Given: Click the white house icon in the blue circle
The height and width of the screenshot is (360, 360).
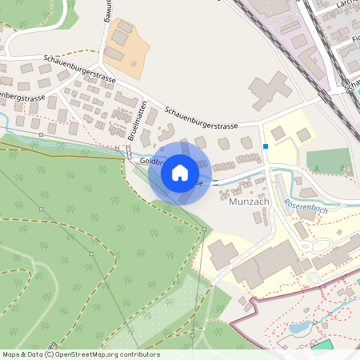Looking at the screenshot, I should pos(180,173).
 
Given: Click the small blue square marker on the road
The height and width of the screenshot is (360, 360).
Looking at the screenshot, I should pos(266,146).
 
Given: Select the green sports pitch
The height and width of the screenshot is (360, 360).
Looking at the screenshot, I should pos(329,161).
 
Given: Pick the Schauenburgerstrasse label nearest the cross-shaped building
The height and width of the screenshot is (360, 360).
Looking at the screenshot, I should pos(201,119).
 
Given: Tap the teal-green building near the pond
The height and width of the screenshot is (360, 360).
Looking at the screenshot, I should pos(322,346).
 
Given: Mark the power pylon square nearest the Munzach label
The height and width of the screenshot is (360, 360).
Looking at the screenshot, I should pos(205,230).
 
